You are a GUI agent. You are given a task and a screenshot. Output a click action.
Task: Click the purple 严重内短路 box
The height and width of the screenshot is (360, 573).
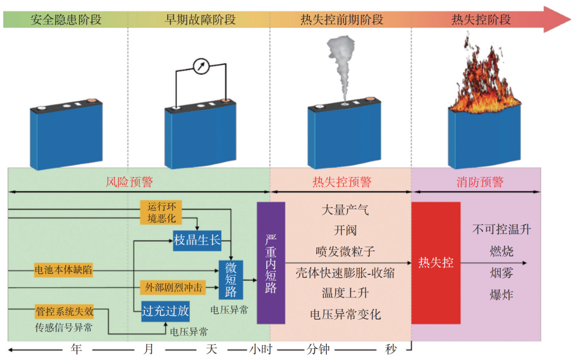coord(271,263)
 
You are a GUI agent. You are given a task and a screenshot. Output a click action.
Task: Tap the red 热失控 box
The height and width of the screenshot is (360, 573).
coord(436,263)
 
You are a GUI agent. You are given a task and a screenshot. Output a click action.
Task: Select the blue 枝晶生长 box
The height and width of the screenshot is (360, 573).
coord(197,240)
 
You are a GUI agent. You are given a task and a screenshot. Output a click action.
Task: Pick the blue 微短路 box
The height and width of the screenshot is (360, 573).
coord(231,280)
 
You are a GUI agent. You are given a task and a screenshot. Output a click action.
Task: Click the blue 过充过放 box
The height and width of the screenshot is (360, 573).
coord(165,311)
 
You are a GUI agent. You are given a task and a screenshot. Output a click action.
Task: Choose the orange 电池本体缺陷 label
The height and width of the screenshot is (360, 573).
coord(63,270)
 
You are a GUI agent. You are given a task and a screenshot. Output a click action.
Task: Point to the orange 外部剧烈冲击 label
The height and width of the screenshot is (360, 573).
coord(173,287)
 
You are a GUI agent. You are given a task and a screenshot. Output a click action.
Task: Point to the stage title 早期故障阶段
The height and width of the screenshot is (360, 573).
coord(200,20)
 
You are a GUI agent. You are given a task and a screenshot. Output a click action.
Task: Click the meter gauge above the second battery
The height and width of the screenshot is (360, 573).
coord(201,67)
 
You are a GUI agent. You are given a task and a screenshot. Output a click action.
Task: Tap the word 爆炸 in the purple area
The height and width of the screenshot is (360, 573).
coord(501,295)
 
